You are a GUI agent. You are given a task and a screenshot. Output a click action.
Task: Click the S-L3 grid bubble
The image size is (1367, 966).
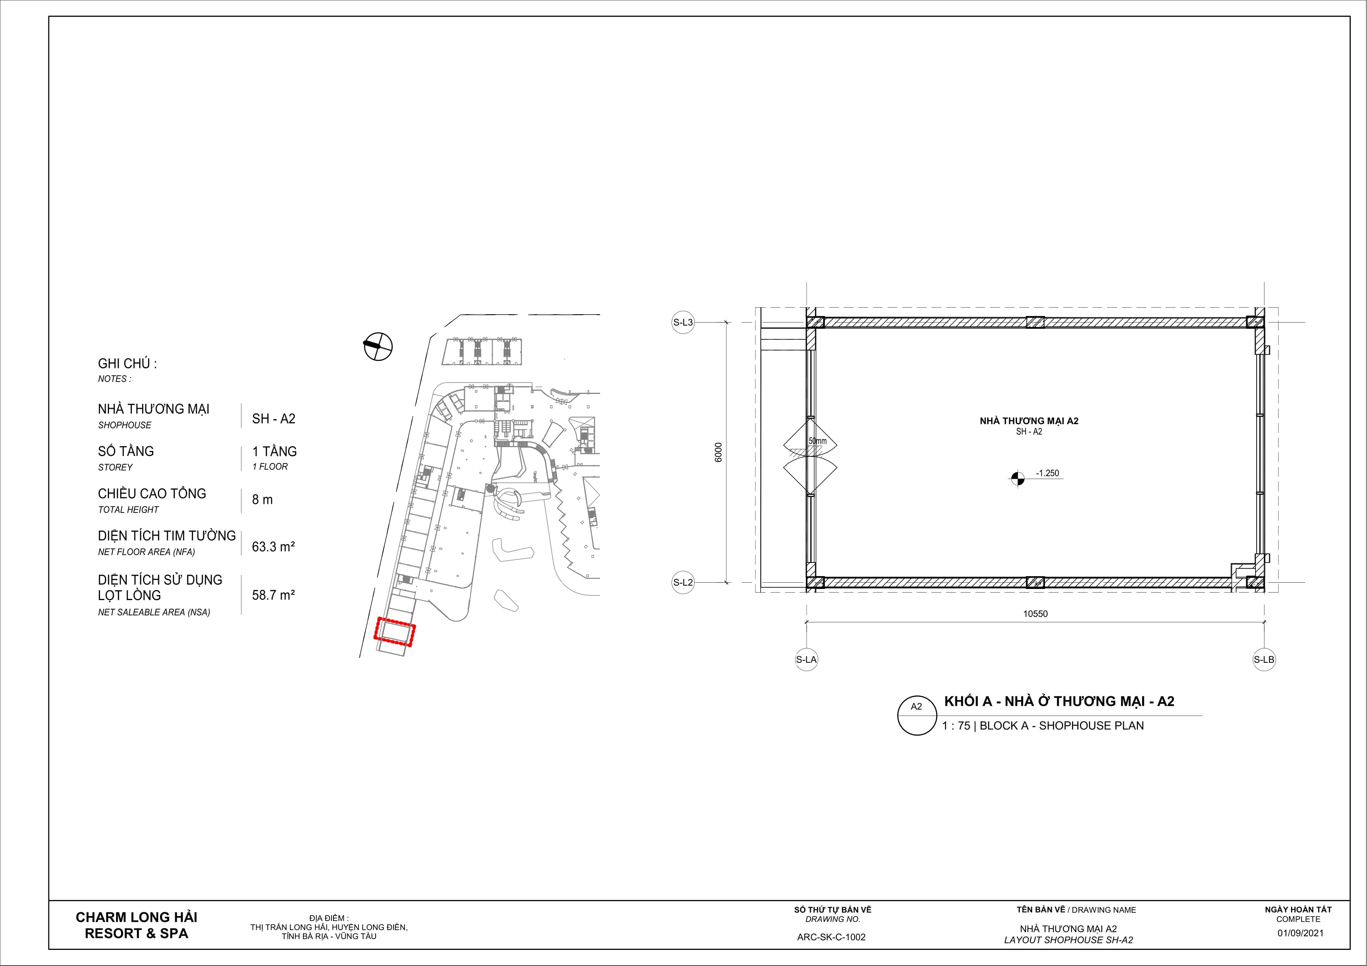[x=683, y=323]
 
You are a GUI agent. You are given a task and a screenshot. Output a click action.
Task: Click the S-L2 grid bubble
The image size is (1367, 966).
[x=683, y=582]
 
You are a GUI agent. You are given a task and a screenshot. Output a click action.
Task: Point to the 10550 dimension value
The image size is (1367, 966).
[x=1035, y=614]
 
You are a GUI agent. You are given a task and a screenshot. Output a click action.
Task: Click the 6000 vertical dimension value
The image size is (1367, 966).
[x=718, y=452]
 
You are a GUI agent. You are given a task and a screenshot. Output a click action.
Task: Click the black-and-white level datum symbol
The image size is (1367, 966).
[x=1017, y=477]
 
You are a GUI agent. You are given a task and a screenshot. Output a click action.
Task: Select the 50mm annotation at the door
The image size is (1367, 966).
[x=817, y=441]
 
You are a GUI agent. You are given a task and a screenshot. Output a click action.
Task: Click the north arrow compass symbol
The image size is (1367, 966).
[x=378, y=346]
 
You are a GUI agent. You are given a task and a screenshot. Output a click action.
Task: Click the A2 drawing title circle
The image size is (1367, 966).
[x=917, y=715]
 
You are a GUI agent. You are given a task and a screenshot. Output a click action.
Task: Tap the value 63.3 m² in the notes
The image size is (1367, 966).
[x=273, y=546]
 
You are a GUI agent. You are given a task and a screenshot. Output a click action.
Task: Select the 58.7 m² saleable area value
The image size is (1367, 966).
[x=273, y=595]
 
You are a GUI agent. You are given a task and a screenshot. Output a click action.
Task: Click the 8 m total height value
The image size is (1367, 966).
[x=262, y=499]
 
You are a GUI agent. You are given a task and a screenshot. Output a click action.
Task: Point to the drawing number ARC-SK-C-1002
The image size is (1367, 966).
[x=831, y=937]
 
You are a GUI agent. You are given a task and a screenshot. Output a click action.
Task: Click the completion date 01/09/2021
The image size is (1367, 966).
[x=1300, y=933]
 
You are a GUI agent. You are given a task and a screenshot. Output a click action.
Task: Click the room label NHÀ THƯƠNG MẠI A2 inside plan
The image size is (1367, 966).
[x=1029, y=421]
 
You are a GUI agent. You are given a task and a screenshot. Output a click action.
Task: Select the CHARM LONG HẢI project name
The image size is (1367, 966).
[x=136, y=917]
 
